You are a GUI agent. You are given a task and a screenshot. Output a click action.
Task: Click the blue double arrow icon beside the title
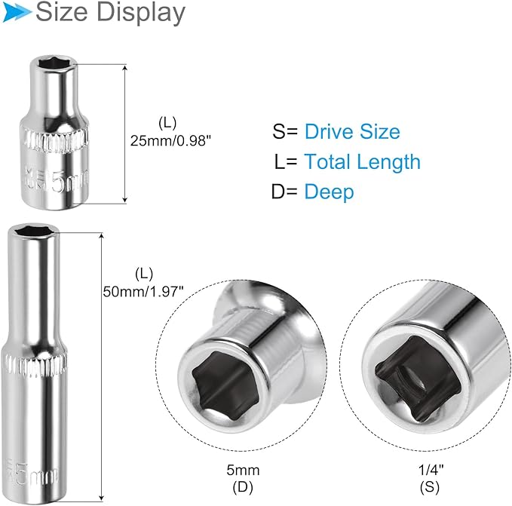(x=17, y=11)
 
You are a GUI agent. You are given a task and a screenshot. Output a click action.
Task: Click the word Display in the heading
(x=144, y=12)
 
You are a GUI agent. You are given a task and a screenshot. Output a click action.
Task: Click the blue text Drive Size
(x=352, y=132)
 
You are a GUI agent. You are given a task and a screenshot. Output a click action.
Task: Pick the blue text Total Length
(x=362, y=161)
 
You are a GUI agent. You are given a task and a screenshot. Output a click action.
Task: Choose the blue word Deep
(x=329, y=192)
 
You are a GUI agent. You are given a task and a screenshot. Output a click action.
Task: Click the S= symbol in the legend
(x=286, y=132)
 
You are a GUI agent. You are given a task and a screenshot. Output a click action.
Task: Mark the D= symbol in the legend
(x=284, y=192)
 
